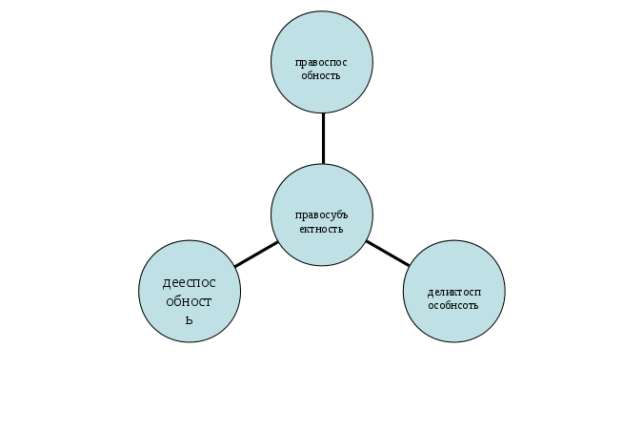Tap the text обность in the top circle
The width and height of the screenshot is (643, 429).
[x=322, y=75]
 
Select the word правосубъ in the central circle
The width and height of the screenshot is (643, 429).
[x=322, y=215]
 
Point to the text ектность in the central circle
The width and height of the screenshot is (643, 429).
[x=322, y=229]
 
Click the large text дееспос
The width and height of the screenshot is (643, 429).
[x=190, y=282]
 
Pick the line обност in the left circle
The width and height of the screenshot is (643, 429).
[x=189, y=300]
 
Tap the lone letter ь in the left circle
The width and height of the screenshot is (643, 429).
[x=190, y=319]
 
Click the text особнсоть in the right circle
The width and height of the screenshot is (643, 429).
[x=453, y=305]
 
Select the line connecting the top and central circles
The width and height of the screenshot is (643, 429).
[x=323, y=138]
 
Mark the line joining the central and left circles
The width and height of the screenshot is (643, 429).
[x=255, y=254]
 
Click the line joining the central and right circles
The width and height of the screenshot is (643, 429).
[x=389, y=253]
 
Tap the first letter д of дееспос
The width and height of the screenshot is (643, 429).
[x=168, y=283]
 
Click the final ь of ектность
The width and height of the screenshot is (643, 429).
[x=339, y=229]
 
